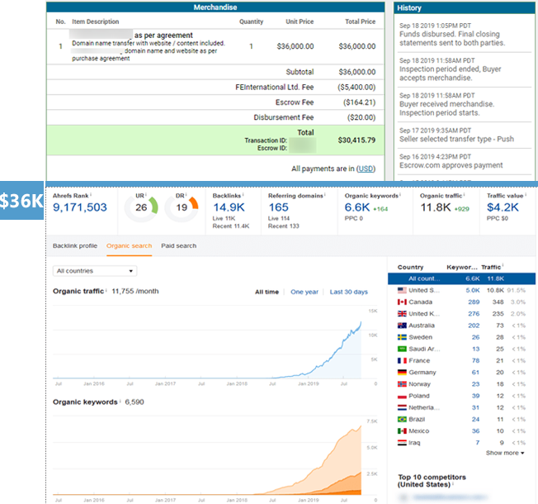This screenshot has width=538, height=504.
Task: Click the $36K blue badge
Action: pyautogui.click(x=21, y=202)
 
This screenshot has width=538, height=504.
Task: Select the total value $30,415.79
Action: pyautogui.click(x=356, y=140)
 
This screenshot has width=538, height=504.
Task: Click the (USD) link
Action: pyautogui.click(x=366, y=169)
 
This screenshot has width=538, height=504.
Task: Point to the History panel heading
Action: pyautogui.click(x=409, y=7)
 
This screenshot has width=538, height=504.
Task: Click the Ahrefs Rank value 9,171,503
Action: pyautogui.click(x=79, y=207)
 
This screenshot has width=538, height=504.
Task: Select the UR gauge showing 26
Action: pyautogui.click(x=141, y=207)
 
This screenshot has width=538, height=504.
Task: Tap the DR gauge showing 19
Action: pyautogui.click(x=182, y=207)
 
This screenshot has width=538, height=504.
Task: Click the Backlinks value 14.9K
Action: pyautogui.click(x=228, y=208)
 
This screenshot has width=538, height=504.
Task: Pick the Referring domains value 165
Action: pyautogui.click(x=279, y=208)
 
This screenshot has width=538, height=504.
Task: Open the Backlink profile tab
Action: pyautogui.click(x=75, y=245)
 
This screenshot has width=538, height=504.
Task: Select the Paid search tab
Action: pyautogui.click(x=179, y=245)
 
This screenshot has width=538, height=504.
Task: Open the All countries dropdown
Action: pyautogui.click(x=94, y=270)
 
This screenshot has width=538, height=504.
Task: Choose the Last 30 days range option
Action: pyautogui.click(x=348, y=292)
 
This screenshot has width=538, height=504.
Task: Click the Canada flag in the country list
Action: pyautogui.click(x=402, y=302)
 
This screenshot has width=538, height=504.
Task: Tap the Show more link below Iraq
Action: pyautogui.click(x=504, y=453)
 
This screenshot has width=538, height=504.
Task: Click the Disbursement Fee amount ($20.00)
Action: pyautogui.click(x=359, y=116)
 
